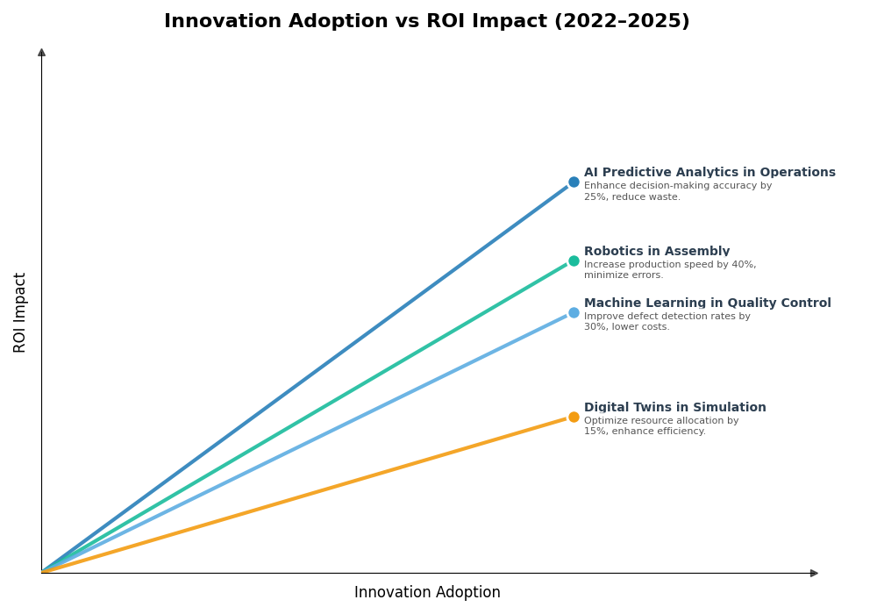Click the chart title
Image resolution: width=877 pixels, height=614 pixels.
[426, 21]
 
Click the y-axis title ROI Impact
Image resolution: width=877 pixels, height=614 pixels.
[20, 312]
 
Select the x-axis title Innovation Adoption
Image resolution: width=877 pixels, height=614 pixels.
[427, 593]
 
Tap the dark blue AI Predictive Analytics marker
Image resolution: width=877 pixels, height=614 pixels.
[574, 182]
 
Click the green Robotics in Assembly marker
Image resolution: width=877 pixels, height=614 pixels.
[574, 261]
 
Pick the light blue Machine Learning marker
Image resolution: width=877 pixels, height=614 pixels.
[574, 312]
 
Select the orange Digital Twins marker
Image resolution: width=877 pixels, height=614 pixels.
[574, 417]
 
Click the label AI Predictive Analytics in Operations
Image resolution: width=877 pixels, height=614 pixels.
[709, 173]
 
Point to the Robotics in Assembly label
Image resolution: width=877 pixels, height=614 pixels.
[656, 252]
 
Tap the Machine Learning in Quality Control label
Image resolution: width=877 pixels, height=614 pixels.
[707, 303]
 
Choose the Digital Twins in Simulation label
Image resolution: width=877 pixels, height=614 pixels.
[674, 408]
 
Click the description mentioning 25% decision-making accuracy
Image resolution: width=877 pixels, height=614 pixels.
[677, 191]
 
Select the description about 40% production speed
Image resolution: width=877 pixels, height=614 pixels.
[669, 270]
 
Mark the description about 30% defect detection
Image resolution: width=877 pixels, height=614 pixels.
[667, 322]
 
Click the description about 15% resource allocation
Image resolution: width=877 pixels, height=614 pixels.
[660, 425]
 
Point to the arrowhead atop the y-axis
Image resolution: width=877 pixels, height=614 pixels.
[41, 53]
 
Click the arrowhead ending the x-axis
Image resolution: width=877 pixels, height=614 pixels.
[814, 573]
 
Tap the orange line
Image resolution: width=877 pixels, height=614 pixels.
[307, 495]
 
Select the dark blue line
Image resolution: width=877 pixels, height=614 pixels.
[307, 377]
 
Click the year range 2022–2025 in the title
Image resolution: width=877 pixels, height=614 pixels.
[621, 21]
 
